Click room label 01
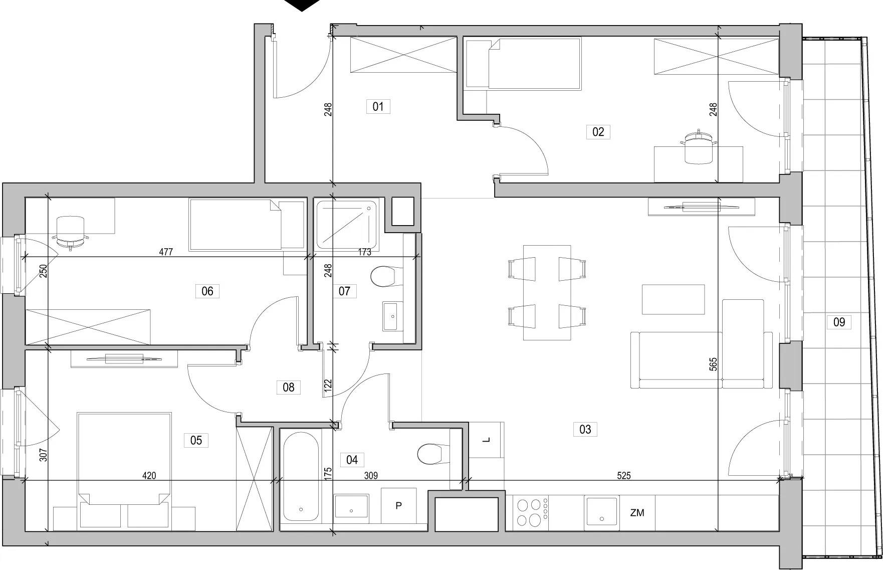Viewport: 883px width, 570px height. [378, 106]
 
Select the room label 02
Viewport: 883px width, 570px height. [598, 132]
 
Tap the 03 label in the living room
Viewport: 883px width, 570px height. [585, 429]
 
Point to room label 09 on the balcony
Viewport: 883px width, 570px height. [839, 322]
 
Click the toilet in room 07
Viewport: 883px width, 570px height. [384, 276]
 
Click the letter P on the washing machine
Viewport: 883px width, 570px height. [398, 506]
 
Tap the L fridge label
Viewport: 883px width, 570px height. [486, 440]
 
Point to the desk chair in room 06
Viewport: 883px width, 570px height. [71, 231]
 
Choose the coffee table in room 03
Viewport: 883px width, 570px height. [674, 299]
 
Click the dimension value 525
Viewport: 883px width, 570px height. [623, 476]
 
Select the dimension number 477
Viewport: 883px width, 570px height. [166, 252]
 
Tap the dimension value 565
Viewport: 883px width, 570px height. [713, 364]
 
